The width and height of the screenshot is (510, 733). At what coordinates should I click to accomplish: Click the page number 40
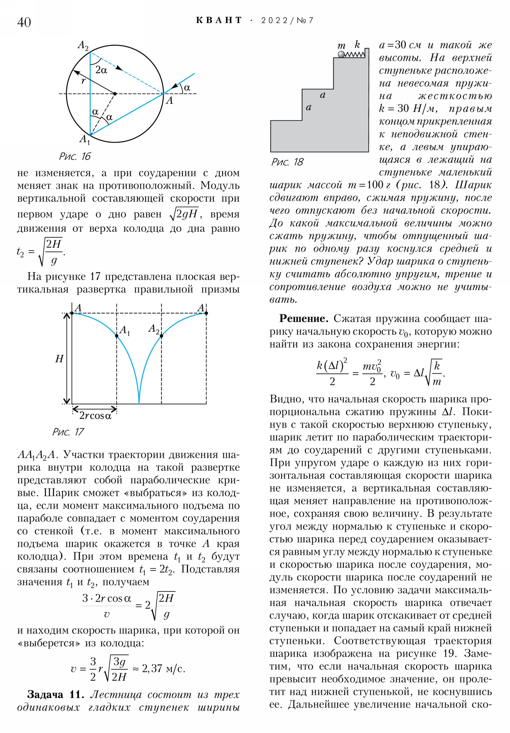click(24, 22)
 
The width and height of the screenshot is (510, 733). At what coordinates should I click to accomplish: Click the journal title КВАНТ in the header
click(219, 20)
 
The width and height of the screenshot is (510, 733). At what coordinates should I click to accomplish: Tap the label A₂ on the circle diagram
click(83, 45)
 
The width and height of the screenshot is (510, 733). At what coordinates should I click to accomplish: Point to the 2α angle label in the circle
click(101, 69)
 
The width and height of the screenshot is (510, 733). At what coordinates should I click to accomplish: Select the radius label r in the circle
click(83, 80)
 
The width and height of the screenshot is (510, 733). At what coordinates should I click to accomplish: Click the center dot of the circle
click(115, 94)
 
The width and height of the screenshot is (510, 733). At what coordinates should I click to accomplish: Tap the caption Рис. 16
click(75, 156)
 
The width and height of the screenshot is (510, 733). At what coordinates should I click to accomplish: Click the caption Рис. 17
click(68, 432)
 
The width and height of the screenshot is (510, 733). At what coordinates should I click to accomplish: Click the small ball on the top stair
click(341, 54)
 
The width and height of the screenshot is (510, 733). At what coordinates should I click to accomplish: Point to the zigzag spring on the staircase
click(355, 54)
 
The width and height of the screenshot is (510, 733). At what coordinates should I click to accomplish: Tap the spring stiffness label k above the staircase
click(357, 44)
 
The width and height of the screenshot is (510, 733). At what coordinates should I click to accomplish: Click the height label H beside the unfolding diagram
click(59, 359)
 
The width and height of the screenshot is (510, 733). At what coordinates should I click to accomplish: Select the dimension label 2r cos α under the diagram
click(95, 416)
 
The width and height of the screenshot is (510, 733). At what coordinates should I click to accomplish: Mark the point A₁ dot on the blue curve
click(117, 336)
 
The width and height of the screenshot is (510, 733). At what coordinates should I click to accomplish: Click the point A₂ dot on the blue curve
click(161, 336)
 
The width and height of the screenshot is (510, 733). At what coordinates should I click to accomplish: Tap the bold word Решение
click(303, 318)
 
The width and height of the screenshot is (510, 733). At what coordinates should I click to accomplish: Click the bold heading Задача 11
click(55, 694)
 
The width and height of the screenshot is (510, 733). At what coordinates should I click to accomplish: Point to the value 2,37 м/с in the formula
click(163, 668)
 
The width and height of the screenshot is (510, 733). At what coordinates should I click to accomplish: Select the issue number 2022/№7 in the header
click(287, 20)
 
